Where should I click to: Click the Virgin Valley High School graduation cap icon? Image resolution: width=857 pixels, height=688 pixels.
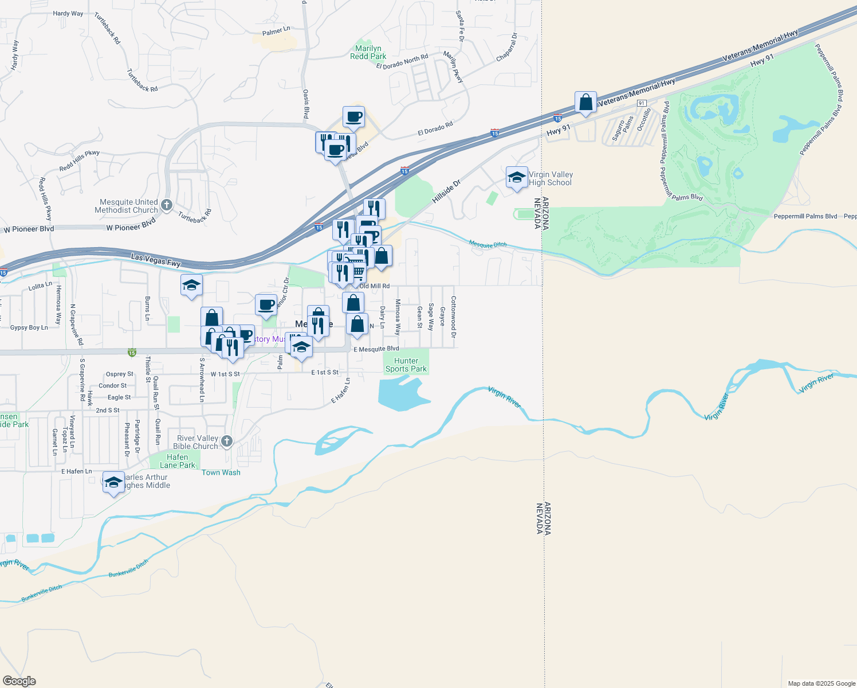click(x=517, y=178)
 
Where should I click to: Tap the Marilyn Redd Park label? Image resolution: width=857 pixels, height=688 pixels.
click(x=368, y=52)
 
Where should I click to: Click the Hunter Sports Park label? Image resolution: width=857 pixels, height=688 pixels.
click(x=406, y=365)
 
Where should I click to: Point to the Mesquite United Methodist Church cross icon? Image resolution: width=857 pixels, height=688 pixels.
click(x=167, y=205)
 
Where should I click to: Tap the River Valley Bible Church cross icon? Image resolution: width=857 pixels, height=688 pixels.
click(x=227, y=441)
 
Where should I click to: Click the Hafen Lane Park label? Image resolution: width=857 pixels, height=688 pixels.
click(x=178, y=461)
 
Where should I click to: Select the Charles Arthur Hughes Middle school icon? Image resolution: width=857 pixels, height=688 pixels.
click(x=113, y=482)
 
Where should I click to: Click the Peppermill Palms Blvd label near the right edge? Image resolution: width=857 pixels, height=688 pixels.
click(x=805, y=216)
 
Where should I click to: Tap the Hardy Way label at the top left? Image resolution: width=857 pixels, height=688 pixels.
click(x=68, y=13)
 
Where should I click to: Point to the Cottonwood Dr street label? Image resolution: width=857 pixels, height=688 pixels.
click(x=453, y=317)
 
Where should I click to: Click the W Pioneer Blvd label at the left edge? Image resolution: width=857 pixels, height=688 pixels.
click(x=29, y=229)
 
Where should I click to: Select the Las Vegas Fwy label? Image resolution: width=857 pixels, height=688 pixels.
click(x=156, y=260)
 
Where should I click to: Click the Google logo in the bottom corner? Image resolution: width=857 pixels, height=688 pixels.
click(x=19, y=681)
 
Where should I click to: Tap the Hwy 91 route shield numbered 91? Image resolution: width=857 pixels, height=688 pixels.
click(x=642, y=103)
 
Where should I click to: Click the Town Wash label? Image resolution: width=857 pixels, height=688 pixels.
click(x=221, y=472)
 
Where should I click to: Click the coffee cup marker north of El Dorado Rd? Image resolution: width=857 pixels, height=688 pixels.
click(x=353, y=117)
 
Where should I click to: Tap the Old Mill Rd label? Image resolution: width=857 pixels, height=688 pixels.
click(x=375, y=286)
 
